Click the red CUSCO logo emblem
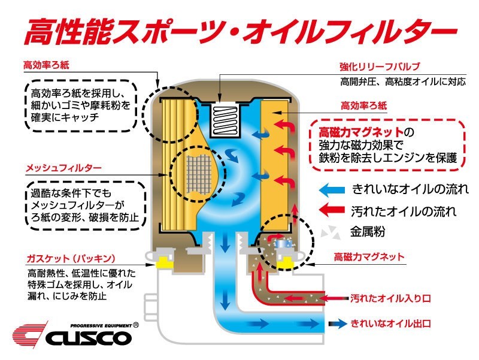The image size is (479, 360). pyautogui.click(x=29, y=334)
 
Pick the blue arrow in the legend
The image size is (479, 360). pyautogui.click(x=334, y=190)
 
